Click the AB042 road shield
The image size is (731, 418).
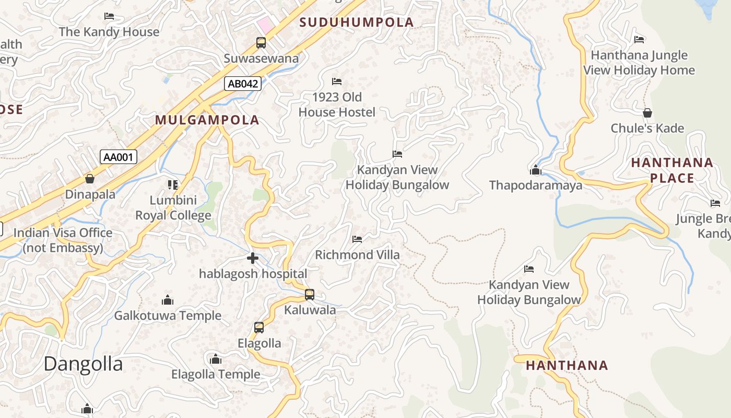pyautogui.click(x=243, y=83)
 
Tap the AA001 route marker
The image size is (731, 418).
pyautogui.click(x=119, y=157)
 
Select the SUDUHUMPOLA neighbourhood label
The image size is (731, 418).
pyautogui.click(x=357, y=22)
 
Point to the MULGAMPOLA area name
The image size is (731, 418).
pyautogui.click(x=207, y=120)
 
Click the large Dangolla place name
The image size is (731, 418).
pyautogui.click(x=83, y=364)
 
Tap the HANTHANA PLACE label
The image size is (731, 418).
pyautogui.click(x=672, y=170)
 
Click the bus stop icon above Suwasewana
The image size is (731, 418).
pyautogui.click(x=261, y=43)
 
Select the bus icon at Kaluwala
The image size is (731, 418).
pyautogui.click(x=310, y=295)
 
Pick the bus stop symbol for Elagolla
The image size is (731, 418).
pyautogui.click(x=259, y=328)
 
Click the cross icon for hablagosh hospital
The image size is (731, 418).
pyautogui.click(x=253, y=258)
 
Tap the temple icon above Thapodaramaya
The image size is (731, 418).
pyautogui.click(x=535, y=170)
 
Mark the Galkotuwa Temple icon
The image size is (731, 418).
pyautogui.click(x=168, y=300)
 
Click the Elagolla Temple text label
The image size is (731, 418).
pyautogui.click(x=216, y=374)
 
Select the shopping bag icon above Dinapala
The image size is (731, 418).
pyautogui.click(x=90, y=179)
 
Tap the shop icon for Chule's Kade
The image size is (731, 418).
pyautogui.click(x=647, y=113)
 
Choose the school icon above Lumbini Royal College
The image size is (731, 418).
pyautogui.click(x=173, y=184)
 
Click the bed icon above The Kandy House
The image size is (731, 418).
pyautogui.click(x=109, y=16)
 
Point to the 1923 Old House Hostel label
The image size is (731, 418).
pyautogui.click(x=337, y=104)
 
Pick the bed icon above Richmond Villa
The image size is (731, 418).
pyautogui.click(x=357, y=239)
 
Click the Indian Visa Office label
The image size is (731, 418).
pyautogui.click(x=63, y=240)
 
